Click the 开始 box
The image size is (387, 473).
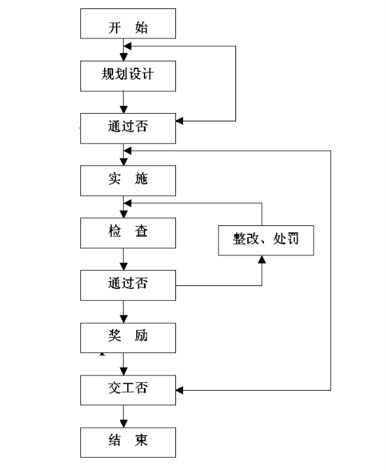[x=128, y=24]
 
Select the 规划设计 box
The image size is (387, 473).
[x=128, y=76]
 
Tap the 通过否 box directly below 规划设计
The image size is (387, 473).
[x=128, y=128]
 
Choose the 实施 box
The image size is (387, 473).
[x=128, y=181]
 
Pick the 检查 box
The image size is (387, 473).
[x=128, y=233]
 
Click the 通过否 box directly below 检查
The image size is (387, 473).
[x=128, y=285]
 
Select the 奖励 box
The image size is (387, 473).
[x=128, y=338]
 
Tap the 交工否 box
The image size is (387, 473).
[x=128, y=390]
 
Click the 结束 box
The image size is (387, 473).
[x=128, y=442]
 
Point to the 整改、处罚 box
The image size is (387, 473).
[x=266, y=241]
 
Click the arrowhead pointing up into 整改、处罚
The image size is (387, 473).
[x=262, y=260]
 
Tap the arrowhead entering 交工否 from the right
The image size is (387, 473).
[x=180, y=390]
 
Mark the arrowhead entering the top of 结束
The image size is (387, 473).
[x=124, y=423]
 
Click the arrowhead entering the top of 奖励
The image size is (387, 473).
[x=124, y=319]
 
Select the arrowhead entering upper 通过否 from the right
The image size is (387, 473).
[x=180, y=121]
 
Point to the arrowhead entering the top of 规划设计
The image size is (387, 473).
[x=124, y=57]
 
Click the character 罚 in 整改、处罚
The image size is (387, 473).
[x=292, y=239]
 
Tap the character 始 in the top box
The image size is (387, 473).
[x=141, y=27]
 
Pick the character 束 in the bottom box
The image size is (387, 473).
[x=141, y=440]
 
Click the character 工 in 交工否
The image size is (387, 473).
[x=128, y=388]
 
